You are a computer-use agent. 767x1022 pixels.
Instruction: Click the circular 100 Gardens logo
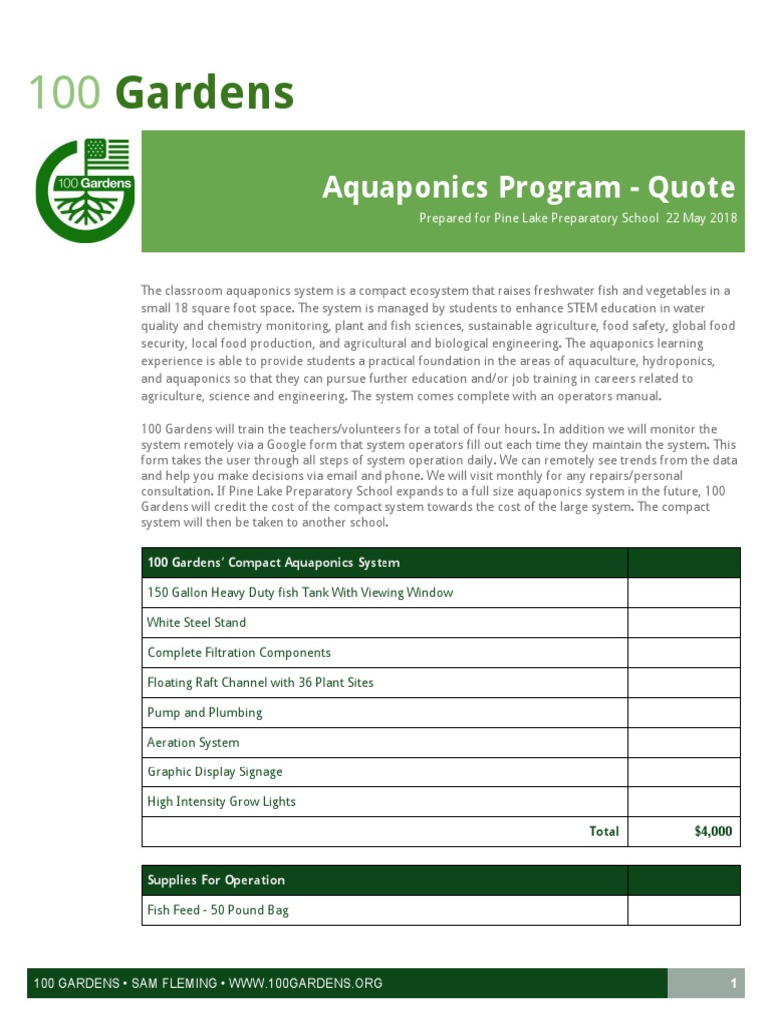[84, 190]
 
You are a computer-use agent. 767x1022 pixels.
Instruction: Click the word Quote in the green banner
[691, 187]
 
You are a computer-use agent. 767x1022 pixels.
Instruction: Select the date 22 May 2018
[701, 218]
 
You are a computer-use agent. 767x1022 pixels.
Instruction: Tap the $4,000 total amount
[713, 831]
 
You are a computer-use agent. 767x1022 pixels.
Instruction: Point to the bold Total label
[604, 831]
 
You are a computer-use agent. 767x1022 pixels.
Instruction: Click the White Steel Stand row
[197, 622]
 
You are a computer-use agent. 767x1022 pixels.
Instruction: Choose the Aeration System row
[193, 742]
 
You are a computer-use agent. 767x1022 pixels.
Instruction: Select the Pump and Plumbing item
[205, 712]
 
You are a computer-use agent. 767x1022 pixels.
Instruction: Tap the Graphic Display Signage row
[215, 771]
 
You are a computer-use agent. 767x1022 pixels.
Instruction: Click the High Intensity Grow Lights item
[222, 801]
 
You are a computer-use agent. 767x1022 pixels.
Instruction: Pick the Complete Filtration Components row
[239, 652]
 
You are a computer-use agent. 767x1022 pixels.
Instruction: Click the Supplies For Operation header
[216, 880]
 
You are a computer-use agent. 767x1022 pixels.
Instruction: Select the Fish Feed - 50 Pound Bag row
[218, 910]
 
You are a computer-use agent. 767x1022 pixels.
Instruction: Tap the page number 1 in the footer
[733, 984]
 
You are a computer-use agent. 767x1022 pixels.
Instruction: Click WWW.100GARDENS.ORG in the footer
[306, 984]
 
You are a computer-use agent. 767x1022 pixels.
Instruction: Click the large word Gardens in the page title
[204, 93]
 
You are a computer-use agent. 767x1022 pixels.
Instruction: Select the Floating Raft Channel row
[260, 682]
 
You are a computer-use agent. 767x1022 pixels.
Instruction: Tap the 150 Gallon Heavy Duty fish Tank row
[300, 592]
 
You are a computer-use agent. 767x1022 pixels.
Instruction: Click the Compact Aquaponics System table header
[274, 562]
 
